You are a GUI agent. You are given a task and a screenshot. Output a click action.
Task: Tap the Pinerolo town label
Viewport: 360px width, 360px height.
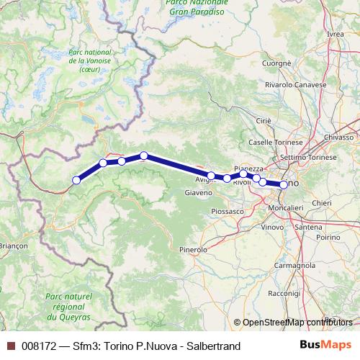193,249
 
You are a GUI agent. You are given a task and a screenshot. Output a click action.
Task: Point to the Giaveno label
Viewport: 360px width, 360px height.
199,193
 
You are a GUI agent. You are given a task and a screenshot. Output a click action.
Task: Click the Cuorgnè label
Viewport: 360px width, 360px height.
276,63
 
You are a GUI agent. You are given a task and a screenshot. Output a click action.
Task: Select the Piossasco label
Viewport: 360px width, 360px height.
228,212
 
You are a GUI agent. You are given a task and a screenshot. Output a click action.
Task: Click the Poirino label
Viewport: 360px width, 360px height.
327,236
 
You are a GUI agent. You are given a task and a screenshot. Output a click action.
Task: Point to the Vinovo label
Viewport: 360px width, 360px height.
272,227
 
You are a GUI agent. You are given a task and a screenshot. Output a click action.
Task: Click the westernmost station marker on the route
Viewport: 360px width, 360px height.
76,181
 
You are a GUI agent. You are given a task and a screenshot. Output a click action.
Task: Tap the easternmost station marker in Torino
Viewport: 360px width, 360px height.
284,185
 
